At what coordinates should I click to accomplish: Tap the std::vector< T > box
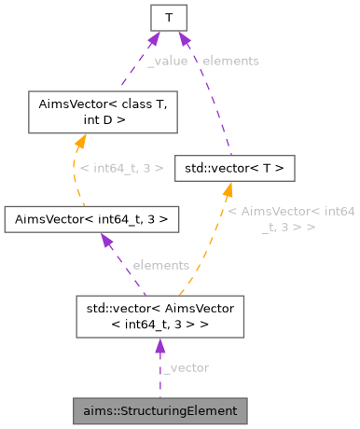pyautogui.click(x=235, y=168)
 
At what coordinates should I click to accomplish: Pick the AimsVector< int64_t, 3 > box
pyautogui.click(x=91, y=219)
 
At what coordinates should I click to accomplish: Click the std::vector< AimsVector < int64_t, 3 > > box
pyautogui.click(x=159, y=315)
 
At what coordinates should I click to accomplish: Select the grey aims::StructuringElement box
pyautogui.click(x=160, y=410)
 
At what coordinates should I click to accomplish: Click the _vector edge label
pyautogui.click(x=186, y=367)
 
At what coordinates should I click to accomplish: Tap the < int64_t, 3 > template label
pyautogui.click(x=121, y=168)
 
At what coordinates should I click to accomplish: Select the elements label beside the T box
pyautogui.click(x=230, y=61)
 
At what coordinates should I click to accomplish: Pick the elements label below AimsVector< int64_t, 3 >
pyautogui.click(x=160, y=265)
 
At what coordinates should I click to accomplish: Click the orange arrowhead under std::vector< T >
pyautogui.click(x=226, y=190)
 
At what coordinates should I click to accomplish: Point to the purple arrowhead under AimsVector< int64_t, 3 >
pyautogui.click(x=105, y=240)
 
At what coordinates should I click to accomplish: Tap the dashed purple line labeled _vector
pyautogui.click(x=159, y=378)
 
